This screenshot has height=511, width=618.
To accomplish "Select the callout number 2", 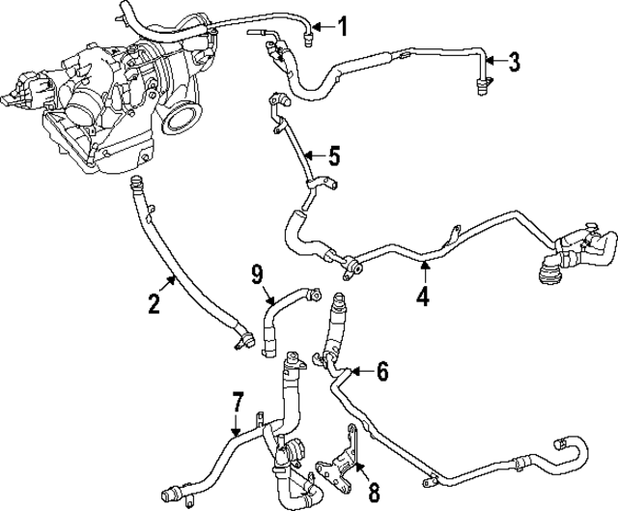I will pyautogui.click(x=154, y=305).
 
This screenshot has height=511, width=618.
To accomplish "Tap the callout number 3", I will pyautogui.click(x=515, y=63).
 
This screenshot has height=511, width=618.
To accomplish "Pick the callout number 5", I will pyautogui.click(x=333, y=155).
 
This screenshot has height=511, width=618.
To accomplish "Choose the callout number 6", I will pyautogui.click(x=382, y=370).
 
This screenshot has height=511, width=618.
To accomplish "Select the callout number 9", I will pyautogui.click(x=257, y=276).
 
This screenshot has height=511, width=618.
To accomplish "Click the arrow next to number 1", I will pyautogui.click(x=323, y=26).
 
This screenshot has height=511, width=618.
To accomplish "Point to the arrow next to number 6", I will pyautogui.click(x=359, y=369).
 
